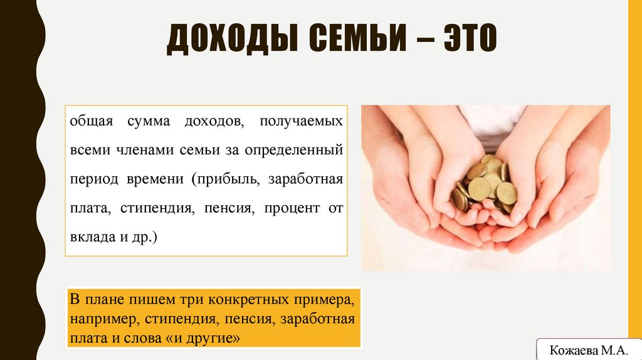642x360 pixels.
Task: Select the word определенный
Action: tap(295, 151)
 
